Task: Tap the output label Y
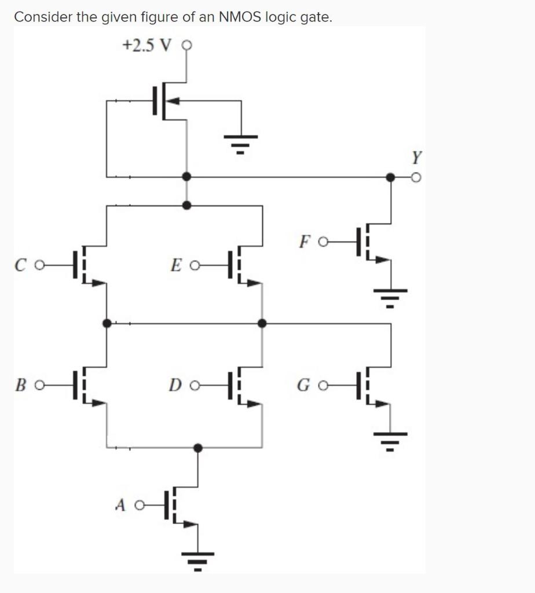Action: [x=416, y=156]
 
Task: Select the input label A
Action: [x=120, y=506]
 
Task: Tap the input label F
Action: [x=306, y=240]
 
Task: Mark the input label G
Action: [x=305, y=385]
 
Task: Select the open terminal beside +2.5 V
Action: [x=186, y=45]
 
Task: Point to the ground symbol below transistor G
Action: [x=391, y=441]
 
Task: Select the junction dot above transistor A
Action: [x=198, y=448]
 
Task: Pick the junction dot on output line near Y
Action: [x=391, y=177]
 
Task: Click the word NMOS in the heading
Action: [x=241, y=17]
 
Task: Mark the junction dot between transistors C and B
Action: [x=107, y=323]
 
